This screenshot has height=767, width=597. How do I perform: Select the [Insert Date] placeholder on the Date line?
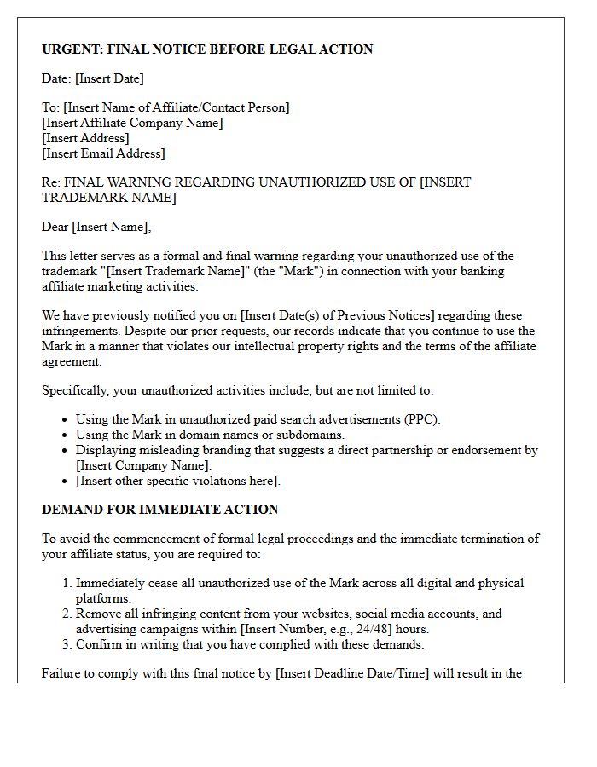tap(109, 78)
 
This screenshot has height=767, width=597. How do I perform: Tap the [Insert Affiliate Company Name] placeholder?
tap(132, 123)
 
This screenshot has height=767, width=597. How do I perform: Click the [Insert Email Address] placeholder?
tap(103, 153)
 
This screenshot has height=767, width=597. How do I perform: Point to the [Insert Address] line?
tap(85, 138)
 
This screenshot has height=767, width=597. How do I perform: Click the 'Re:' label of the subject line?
tap(51, 182)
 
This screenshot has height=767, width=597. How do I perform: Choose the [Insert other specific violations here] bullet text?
tap(177, 481)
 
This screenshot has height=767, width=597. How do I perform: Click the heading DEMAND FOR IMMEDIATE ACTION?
tap(160, 510)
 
